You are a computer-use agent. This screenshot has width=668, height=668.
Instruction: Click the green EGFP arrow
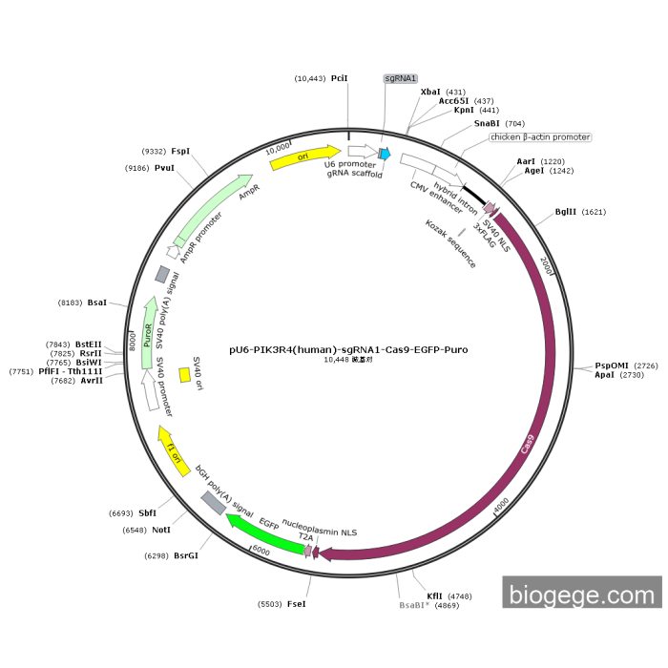[x=262, y=533]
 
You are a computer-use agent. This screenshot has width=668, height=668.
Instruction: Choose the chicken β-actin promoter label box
[x=540, y=137]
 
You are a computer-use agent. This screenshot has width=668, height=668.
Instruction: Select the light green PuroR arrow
[x=148, y=334]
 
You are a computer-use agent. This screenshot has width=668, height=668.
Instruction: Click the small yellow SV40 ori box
[x=184, y=376]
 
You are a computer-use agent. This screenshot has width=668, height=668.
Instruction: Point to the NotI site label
[x=161, y=530]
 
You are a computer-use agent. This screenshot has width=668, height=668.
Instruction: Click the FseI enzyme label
[x=296, y=604]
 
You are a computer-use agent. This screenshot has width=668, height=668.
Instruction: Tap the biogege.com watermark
[x=582, y=595]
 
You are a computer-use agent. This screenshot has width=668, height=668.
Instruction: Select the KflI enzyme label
[x=434, y=595]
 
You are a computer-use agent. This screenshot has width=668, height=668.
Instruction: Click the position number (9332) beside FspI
[x=154, y=151]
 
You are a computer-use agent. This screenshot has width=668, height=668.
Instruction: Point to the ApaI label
[x=605, y=375]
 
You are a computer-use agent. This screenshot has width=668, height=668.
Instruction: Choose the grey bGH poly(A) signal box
[x=214, y=503]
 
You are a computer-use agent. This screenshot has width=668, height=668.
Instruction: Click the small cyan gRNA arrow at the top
[x=385, y=154]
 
